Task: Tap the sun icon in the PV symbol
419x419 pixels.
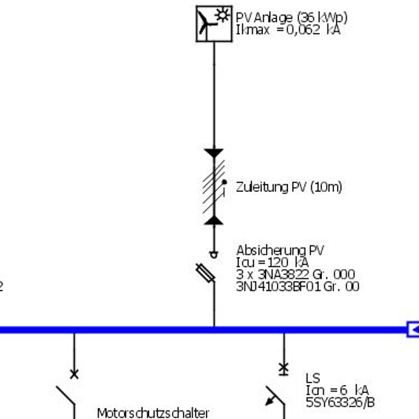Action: [223, 15]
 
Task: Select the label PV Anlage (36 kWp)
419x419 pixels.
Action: [291, 18]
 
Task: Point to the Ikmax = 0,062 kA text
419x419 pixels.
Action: [288, 30]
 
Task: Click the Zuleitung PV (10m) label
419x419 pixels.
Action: [289, 187]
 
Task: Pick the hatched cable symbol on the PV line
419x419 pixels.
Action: [214, 186]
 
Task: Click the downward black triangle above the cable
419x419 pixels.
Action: [214, 153]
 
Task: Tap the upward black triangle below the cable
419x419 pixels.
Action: [214, 220]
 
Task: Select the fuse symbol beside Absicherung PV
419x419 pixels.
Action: [205, 273]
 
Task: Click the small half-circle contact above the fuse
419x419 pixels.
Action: [214, 255]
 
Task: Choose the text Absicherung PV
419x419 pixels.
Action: [280, 251]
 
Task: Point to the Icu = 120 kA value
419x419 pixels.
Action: [272, 263]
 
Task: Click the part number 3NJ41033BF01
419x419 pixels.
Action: [279, 286]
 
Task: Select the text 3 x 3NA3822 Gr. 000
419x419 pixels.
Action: [296, 275]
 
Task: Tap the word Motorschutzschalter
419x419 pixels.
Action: [153, 413]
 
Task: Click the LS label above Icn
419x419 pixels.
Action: [313, 379]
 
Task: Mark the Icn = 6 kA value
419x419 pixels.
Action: [337, 391]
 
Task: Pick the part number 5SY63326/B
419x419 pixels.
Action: [340, 402]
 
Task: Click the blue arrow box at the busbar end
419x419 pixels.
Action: [413, 330]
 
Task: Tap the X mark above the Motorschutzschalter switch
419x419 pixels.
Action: [74, 374]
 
